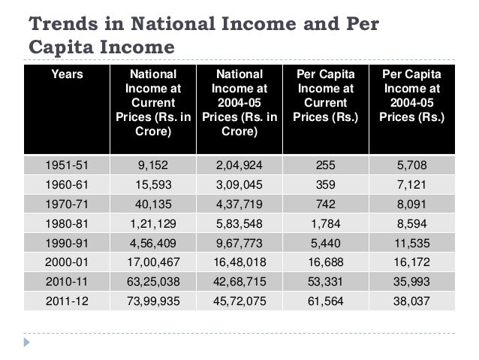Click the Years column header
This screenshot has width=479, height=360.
(x=66, y=75)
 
